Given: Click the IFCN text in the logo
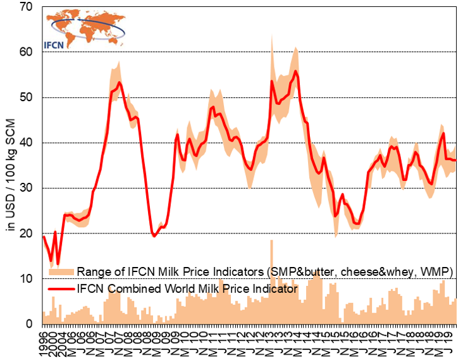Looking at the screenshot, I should pos(58,45).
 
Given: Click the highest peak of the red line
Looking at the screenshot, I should pos(295,71).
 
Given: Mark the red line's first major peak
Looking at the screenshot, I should pos(119,83).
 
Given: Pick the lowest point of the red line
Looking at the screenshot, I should pos(58,263).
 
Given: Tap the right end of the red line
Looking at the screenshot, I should pos(456,161).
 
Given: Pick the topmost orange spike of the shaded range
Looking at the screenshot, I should pos(272,35).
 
